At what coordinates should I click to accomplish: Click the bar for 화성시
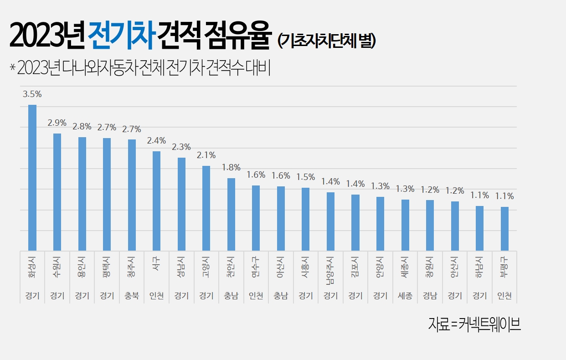32,178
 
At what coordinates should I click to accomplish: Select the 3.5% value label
32,94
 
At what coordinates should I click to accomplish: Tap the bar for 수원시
57,191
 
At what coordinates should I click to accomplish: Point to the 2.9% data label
57,123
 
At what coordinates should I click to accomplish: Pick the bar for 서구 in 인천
156,201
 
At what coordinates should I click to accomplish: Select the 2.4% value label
156,140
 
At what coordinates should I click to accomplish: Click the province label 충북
132,296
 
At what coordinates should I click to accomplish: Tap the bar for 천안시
231,214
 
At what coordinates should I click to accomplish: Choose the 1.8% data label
231,167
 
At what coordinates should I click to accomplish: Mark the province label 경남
430,296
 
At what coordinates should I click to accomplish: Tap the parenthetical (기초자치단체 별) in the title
326,41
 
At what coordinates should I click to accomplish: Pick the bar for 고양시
206,208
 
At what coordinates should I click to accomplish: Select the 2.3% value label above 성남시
181,147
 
